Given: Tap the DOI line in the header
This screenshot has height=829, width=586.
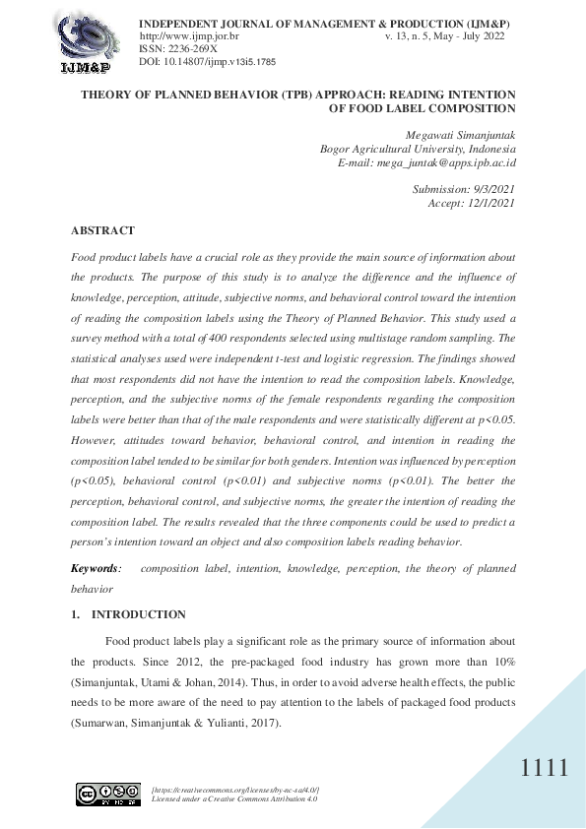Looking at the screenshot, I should pos(208,61).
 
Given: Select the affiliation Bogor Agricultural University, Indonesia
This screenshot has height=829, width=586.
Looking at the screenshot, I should pos(419,149).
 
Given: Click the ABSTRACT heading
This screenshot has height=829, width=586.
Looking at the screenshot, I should pos(102,230).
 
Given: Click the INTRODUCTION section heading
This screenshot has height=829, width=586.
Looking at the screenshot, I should pos(138,614).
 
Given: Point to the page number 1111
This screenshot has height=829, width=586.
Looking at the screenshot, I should pos(545,769).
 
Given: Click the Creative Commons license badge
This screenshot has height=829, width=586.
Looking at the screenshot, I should pos(108,795).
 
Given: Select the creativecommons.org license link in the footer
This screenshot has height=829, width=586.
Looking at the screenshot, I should pos(235,790).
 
